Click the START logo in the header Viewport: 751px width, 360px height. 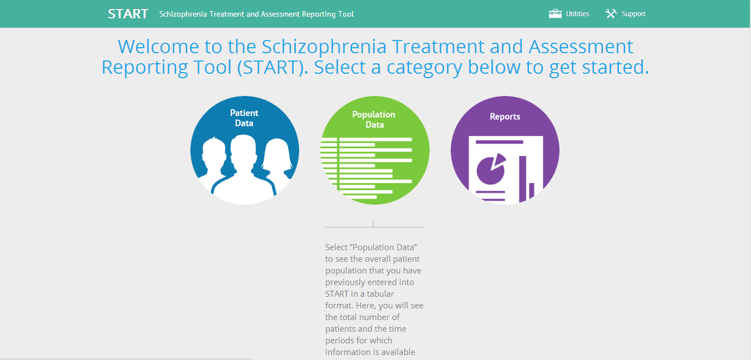coord(128,14)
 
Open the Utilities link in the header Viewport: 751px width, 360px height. coord(577,14)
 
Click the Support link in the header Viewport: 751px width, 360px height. coord(633,14)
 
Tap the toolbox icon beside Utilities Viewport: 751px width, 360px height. coord(555,14)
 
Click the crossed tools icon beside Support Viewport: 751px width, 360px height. coord(611,14)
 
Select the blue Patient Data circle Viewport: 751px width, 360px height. coord(245,150)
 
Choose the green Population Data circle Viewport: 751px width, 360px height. coord(375,150)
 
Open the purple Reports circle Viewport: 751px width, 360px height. coord(505,150)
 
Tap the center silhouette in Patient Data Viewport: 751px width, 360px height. coord(244,166)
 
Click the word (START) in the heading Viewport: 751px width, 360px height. coord(273,67)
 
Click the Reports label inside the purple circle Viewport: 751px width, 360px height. coord(505,116)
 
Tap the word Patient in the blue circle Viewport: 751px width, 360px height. coord(244,113)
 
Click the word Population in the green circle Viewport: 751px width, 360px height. coord(374,115)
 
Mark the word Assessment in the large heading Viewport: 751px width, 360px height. coord(581,47)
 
